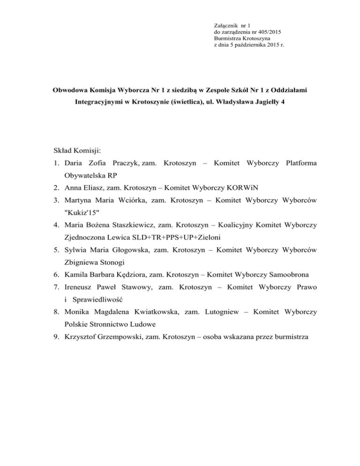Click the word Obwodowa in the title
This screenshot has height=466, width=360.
71,89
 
